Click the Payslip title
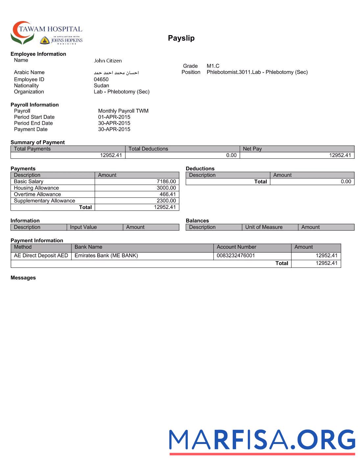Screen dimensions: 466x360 [181, 38]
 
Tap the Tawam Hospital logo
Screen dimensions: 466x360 [46, 33]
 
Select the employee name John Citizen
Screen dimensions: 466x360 [108, 61]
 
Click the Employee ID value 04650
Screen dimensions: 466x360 [101, 80]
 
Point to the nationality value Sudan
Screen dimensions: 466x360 [101, 86]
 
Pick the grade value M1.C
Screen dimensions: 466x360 [213, 66]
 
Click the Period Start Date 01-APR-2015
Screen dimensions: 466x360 [114, 117]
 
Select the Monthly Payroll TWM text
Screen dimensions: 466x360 [123, 111]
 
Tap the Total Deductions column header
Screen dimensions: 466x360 [148, 149]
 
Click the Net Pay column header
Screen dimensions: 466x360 [252, 149]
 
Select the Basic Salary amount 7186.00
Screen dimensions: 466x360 [166, 182]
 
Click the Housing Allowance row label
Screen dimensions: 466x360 [36, 188]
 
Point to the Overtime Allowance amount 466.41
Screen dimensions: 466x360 [168, 195]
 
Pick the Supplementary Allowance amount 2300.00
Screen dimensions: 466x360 [166, 201]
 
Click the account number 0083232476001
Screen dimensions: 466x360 [236, 256]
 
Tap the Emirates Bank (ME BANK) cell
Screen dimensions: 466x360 [106, 256]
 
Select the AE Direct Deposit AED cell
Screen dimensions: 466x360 [41, 256]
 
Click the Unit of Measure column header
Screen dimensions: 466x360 [264, 227]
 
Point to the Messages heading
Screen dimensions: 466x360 [23, 278]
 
